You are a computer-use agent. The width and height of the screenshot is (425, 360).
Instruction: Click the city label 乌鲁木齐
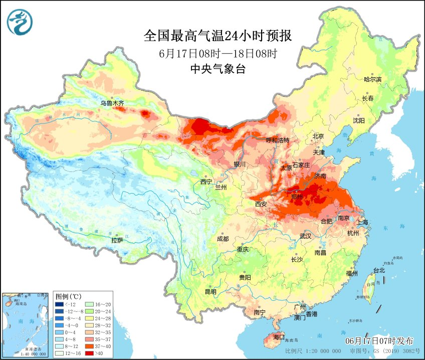(111, 103)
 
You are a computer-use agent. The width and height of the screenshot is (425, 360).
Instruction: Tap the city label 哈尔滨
(372, 79)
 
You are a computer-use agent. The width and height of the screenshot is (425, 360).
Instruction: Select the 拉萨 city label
(117, 240)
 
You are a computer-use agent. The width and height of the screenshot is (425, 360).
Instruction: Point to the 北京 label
(319, 136)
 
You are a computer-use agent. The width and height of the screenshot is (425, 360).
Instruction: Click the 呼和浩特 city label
(277, 140)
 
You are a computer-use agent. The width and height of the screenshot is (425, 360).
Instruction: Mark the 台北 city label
(378, 270)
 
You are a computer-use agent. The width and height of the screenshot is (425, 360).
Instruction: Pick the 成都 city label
(223, 239)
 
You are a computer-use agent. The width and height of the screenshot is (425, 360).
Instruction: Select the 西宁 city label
(206, 182)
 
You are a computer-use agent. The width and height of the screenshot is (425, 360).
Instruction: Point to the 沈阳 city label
(359, 121)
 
